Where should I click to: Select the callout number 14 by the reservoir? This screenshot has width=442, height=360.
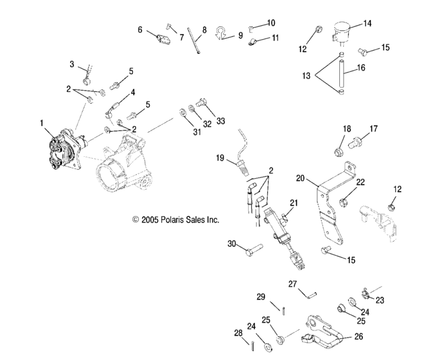(367, 23)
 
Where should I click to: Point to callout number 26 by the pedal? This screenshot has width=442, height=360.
(358, 335)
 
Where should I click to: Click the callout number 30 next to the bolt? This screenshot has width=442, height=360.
(233, 244)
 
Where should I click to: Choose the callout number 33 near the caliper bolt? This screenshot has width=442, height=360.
(222, 120)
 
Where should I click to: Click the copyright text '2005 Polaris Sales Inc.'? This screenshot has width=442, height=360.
(175, 219)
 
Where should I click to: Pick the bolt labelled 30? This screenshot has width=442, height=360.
(254, 248)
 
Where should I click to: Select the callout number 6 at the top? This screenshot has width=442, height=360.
(139, 30)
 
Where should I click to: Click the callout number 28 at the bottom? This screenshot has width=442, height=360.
(238, 332)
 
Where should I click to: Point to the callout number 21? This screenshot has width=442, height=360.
(294, 203)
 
